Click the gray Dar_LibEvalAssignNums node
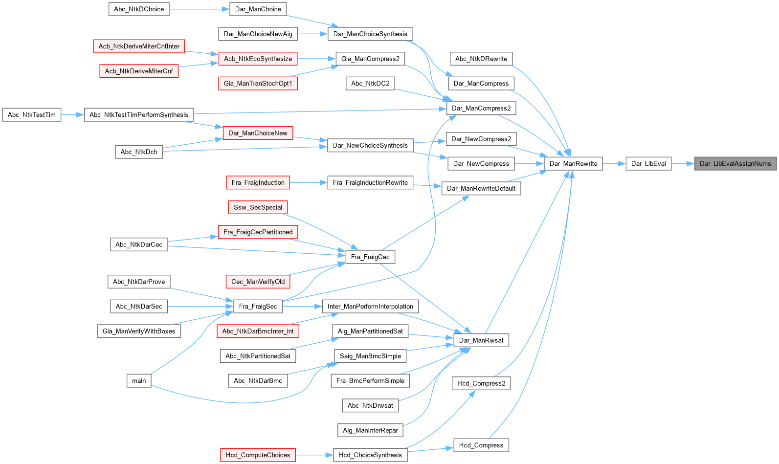[x=735, y=163]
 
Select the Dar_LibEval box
[x=648, y=163]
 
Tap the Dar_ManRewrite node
[x=573, y=163]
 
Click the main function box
[x=139, y=380]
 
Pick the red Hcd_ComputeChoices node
[x=258, y=455]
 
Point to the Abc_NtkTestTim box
[x=32, y=115]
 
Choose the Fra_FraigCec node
[x=370, y=257]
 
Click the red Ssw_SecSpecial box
[x=258, y=207]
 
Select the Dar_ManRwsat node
[x=481, y=340]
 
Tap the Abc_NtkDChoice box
[x=139, y=9]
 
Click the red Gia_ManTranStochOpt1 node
[x=258, y=84]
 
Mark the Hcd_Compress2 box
[x=481, y=383]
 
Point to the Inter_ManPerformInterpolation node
[x=370, y=307]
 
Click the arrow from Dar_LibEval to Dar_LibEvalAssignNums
[x=683, y=163]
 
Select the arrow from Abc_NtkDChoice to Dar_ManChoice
[x=199, y=9]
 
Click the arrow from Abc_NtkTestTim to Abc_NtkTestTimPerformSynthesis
[x=72, y=115]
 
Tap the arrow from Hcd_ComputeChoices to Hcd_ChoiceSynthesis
[x=314, y=455]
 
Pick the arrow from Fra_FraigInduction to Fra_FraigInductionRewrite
[x=309, y=182]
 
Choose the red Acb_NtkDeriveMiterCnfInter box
[x=139, y=46]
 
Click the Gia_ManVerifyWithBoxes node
[x=139, y=331]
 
